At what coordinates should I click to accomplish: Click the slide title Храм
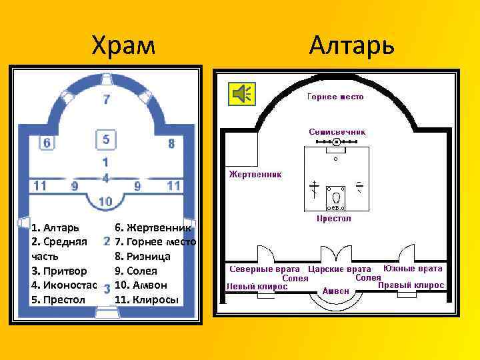tap(124, 45)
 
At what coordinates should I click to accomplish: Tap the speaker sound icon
tap(241, 95)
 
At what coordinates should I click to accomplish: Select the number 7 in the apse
tap(107, 100)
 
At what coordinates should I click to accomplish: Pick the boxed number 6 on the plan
tap(46, 143)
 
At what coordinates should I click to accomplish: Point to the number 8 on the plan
tap(171, 143)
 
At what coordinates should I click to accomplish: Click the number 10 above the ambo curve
tap(105, 201)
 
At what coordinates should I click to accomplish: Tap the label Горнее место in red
tap(335, 97)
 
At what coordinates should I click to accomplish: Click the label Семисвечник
tap(337, 132)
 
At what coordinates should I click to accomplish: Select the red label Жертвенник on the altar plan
tap(255, 174)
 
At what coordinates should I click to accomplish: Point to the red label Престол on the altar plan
tap(333, 218)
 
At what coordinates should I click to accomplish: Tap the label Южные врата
tap(413, 269)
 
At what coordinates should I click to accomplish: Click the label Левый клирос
tap(257, 287)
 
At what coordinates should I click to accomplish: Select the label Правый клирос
tap(411, 285)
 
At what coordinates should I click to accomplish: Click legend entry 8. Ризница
tap(143, 256)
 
